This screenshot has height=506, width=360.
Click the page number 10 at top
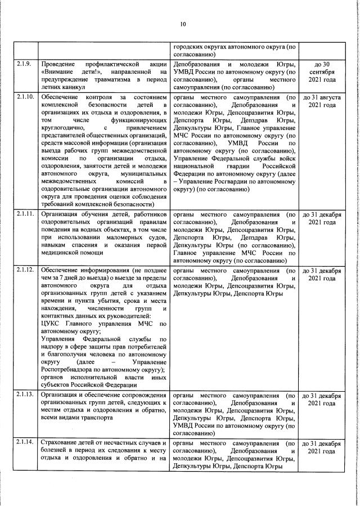pyautogui.click(x=183, y=24)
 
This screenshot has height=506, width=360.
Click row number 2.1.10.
pyautogui.click(x=26, y=97)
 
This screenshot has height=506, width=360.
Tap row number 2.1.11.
pyautogui.click(x=26, y=215)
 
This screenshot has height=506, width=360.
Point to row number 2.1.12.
pyautogui.click(x=26, y=271)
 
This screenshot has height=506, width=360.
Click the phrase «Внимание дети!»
pyautogui.click(x=69, y=72)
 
